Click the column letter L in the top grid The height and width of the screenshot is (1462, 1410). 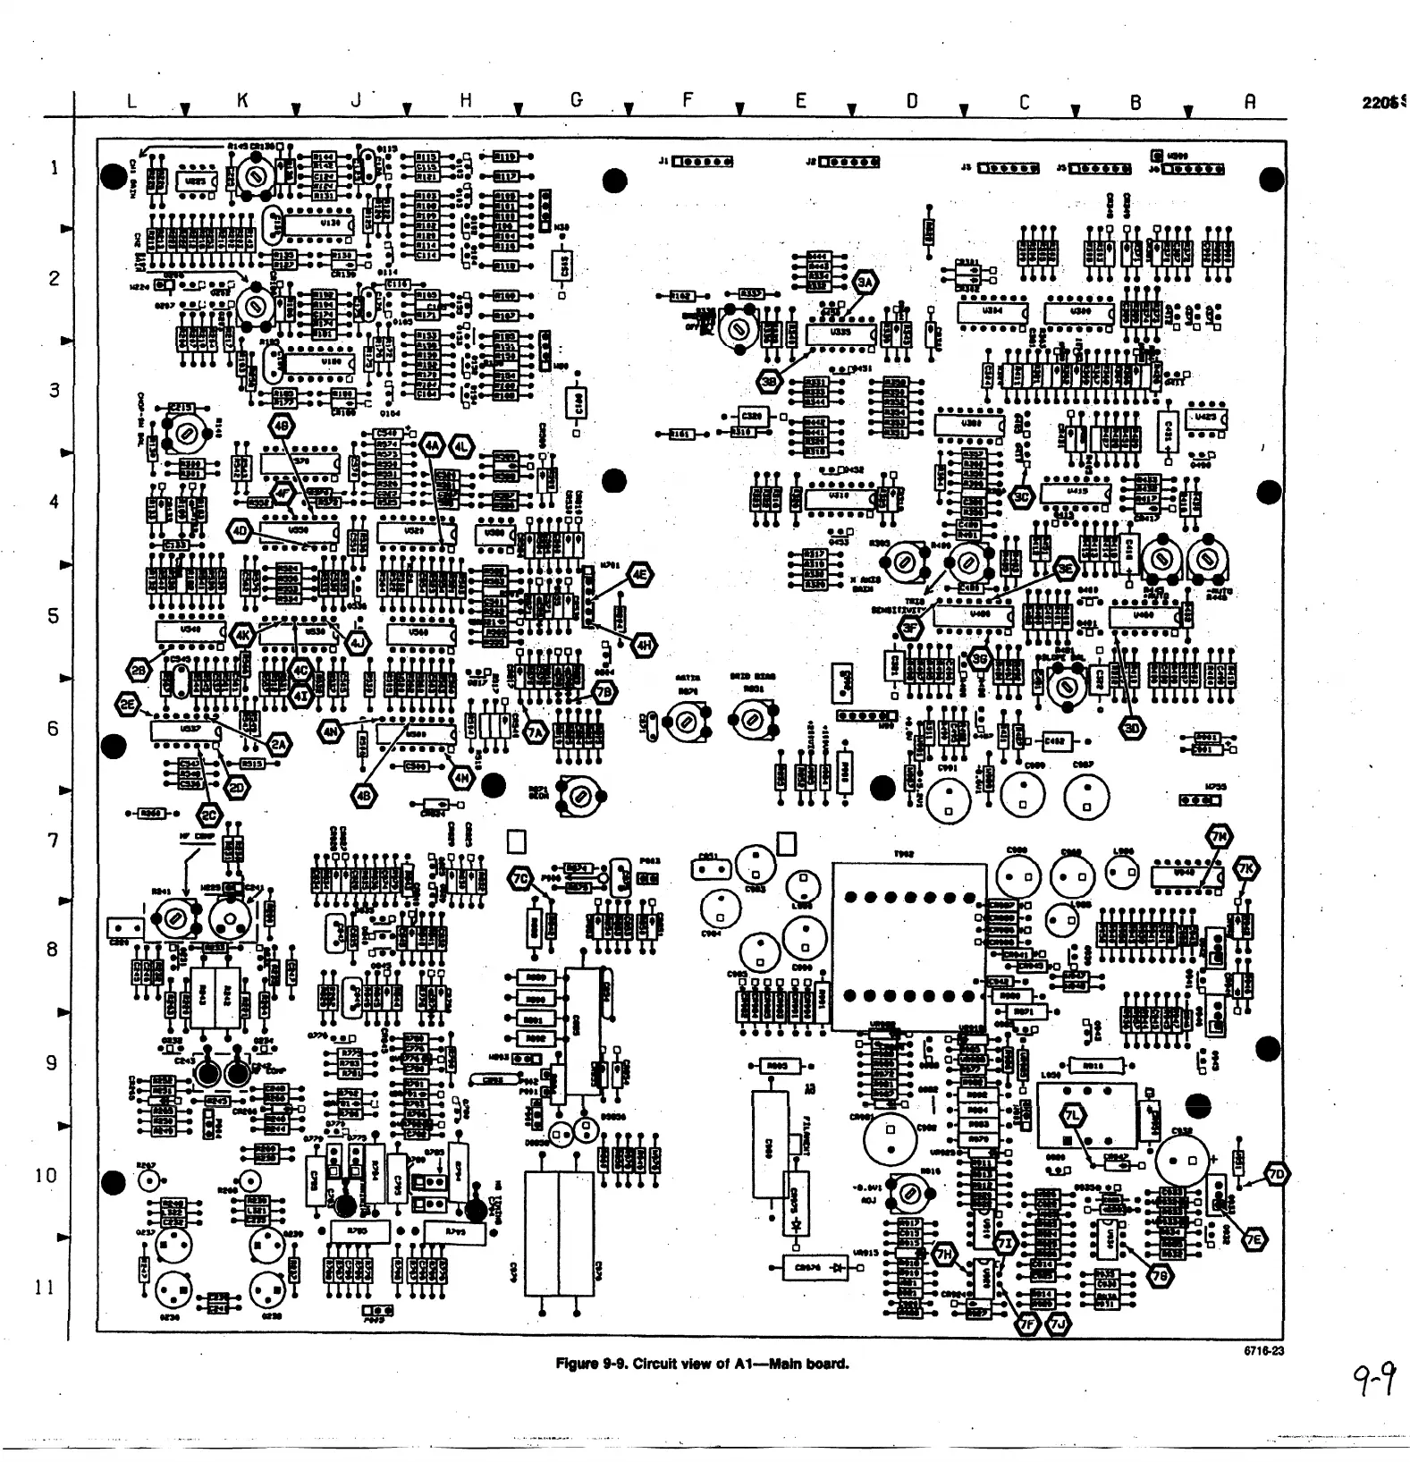[x=131, y=101]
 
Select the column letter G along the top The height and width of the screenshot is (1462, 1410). [x=577, y=101]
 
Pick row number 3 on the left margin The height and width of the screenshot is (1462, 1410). [x=55, y=390]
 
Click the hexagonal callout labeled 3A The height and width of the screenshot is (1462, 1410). [x=865, y=282]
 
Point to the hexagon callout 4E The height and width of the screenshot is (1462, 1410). [x=640, y=576]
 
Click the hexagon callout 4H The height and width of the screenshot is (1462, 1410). [x=645, y=644]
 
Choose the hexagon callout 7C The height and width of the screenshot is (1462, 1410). [x=520, y=879]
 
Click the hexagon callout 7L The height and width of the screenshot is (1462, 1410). [x=1071, y=1115]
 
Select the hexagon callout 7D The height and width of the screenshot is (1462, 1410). [x=1277, y=1174]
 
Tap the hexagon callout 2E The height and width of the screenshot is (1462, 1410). [x=128, y=705]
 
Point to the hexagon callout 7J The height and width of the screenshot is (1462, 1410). [x=1060, y=1324]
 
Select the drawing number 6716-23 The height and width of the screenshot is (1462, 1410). [x=1263, y=1351]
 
